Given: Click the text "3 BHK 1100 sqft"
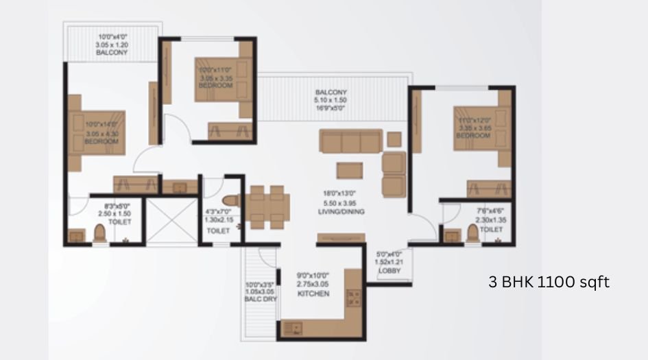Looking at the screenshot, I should (x=549, y=281).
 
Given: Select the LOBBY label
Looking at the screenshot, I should (x=389, y=271).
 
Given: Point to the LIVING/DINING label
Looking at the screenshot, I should (x=341, y=213).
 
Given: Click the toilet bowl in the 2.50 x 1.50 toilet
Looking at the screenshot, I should (x=99, y=234).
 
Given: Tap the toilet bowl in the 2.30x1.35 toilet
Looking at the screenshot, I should (x=472, y=234).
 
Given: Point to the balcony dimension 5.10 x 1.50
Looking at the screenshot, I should (x=331, y=100).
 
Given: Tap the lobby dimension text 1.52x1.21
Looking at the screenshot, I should (x=389, y=262).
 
